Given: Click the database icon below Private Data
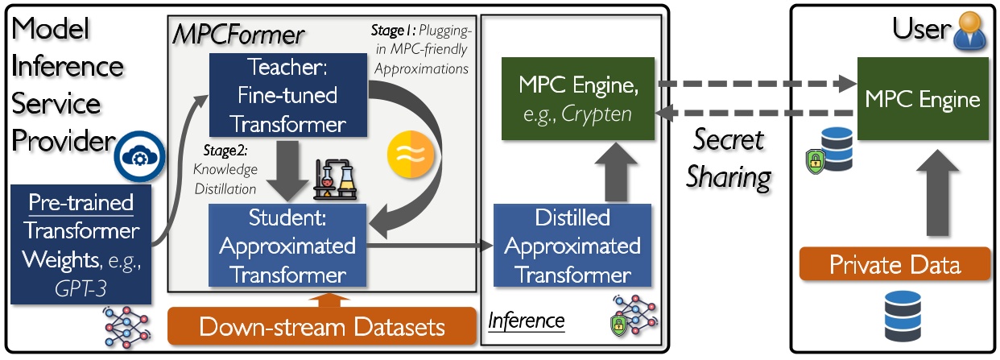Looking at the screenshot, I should pos(899,316).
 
